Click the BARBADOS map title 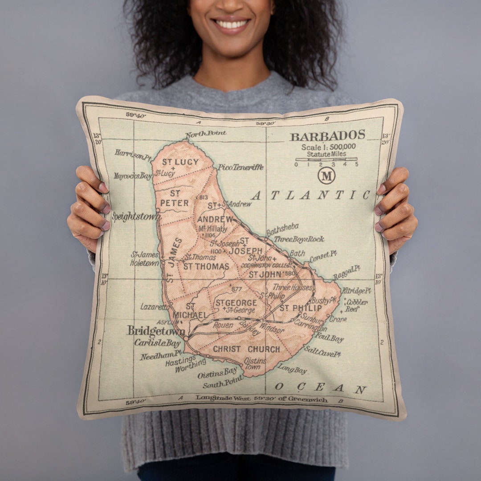pos(327,135)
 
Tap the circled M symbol pos(326,175)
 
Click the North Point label pos(206,134)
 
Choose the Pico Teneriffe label pos(240,167)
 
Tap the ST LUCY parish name pos(180,162)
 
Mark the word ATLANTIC pos(310,195)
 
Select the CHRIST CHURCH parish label pos(246,349)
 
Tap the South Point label pos(223,382)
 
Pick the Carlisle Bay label pos(158,343)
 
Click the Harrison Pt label pos(134,155)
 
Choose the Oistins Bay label pos(217,372)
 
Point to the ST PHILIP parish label pos(301,308)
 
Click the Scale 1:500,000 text pos(328,147)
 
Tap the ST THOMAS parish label pos(206,266)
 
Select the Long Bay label pos(292,369)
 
